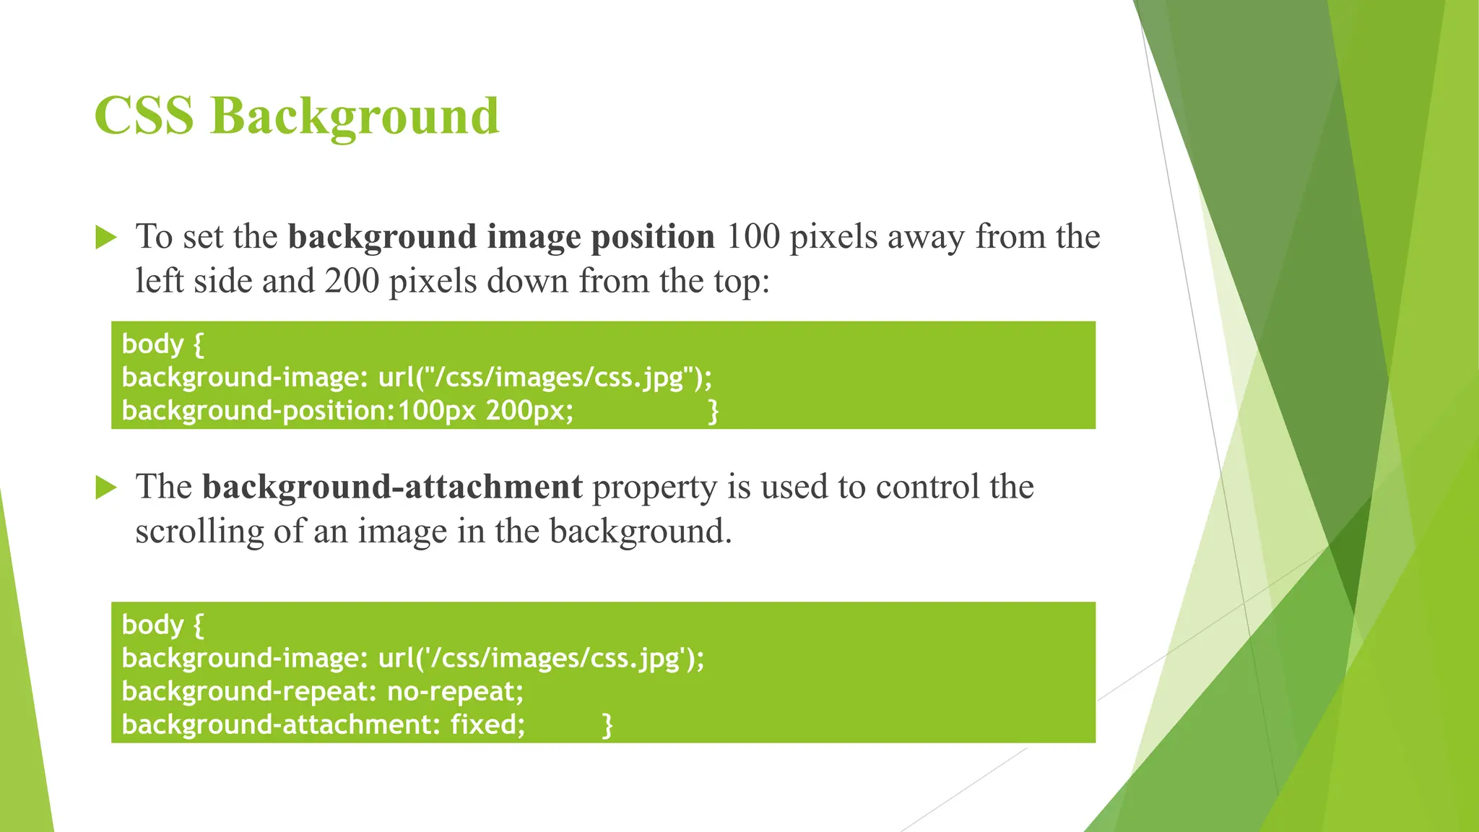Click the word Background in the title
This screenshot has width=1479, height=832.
tap(355, 117)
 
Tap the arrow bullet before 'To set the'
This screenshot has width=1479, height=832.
tap(105, 237)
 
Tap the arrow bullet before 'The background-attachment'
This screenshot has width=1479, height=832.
tap(105, 487)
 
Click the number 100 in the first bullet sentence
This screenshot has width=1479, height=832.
tap(752, 237)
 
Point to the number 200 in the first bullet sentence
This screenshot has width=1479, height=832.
tap(352, 281)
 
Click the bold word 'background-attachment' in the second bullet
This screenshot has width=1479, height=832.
tap(392, 487)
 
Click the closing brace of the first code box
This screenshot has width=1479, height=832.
tap(713, 411)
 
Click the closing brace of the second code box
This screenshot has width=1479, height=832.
tap(607, 724)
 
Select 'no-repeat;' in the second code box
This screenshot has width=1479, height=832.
tap(455, 692)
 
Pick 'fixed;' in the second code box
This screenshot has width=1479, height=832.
tap(488, 724)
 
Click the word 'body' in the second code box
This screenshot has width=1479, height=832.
tap(152, 625)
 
